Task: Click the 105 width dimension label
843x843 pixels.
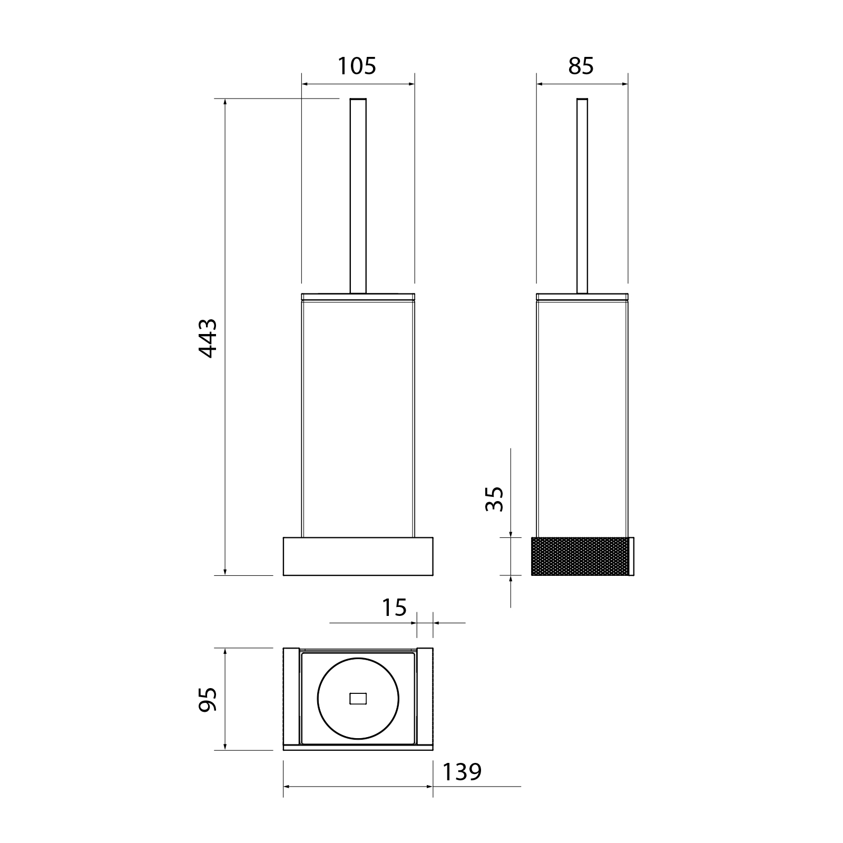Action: coord(357,66)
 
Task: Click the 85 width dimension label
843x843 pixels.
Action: coord(581,66)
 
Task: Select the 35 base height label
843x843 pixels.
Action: coord(495,498)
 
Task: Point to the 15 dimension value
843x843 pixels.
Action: coord(394,607)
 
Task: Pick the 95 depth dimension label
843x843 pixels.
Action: coord(208,699)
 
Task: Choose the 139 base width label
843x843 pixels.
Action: coord(462,772)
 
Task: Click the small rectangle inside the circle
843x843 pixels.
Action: coord(358,699)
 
